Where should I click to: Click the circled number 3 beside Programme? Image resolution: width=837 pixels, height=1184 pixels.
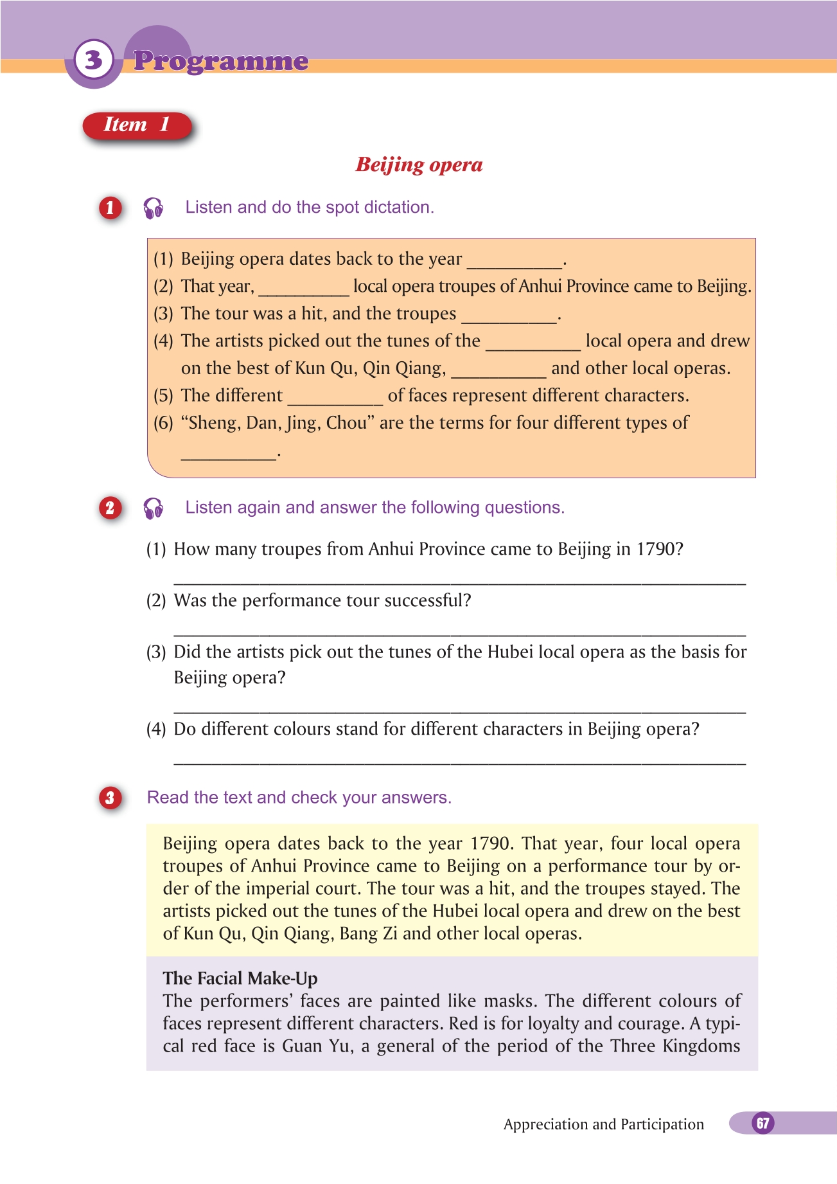click(94, 60)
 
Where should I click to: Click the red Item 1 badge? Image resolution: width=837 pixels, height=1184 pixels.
click(137, 125)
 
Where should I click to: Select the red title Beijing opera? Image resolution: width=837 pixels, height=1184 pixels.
click(419, 165)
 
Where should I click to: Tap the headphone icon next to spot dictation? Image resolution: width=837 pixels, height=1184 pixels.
click(154, 208)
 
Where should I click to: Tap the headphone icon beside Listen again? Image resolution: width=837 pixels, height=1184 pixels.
click(154, 508)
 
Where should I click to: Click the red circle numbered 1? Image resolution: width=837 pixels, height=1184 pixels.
click(110, 208)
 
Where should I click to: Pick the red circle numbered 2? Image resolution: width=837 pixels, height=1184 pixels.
click(110, 508)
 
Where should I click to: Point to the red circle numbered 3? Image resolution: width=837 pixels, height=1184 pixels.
click(110, 798)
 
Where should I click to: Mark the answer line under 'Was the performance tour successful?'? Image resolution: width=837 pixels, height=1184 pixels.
click(459, 632)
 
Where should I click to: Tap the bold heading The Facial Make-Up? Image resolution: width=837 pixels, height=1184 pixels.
click(240, 978)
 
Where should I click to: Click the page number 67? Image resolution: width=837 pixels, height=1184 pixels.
click(762, 1123)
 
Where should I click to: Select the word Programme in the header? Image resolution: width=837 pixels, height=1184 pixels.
click(221, 61)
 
